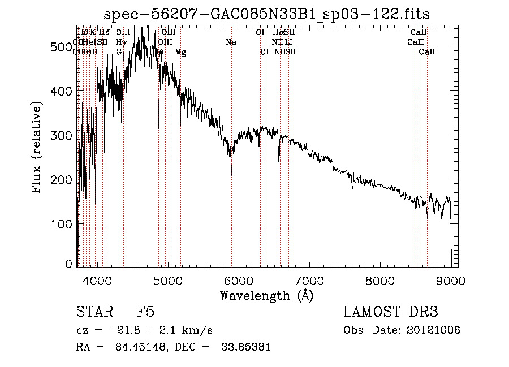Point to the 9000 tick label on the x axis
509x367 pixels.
tap(450, 280)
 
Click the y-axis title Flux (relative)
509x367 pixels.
tap(38, 148)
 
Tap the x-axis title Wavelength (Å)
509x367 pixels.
tap(266, 295)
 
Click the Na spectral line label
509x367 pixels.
tap(231, 42)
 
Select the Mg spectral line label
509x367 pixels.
tap(180, 52)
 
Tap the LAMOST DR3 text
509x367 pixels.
tap(391, 313)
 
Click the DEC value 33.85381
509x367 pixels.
tap(247, 347)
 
